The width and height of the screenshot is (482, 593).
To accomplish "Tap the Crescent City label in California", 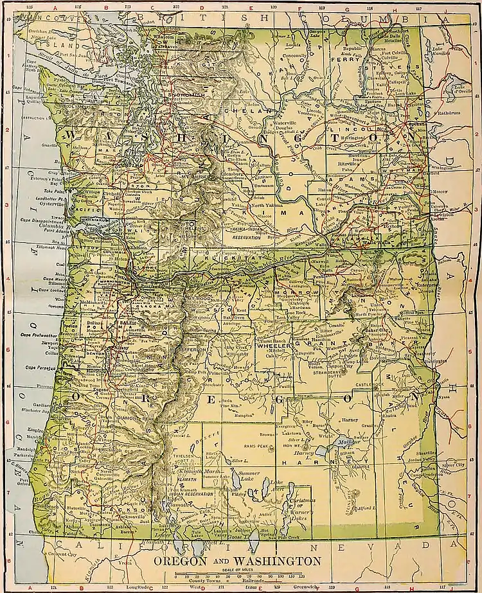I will (x=66, y=553).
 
